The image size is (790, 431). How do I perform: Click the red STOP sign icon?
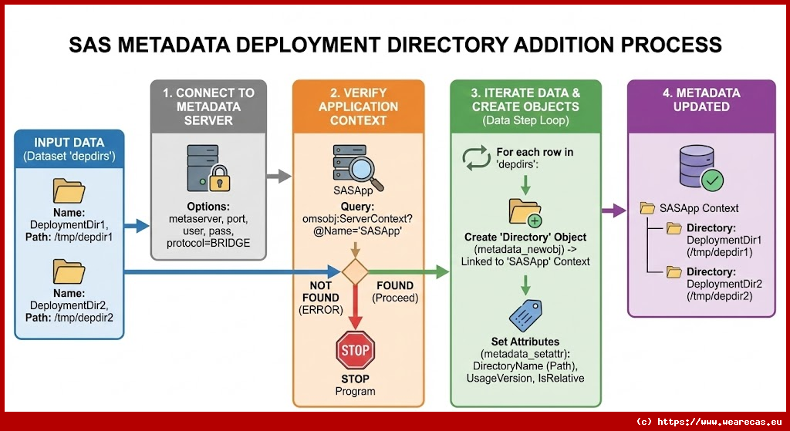click(x=355, y=350)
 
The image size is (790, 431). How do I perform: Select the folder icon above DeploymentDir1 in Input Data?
click(x=69, y=191)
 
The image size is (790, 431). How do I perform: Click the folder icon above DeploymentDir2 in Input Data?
click(x=69, y=271)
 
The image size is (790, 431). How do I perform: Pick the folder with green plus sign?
click(x=525, y=210)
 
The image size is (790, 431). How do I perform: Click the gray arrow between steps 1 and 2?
click(x=275, y=177)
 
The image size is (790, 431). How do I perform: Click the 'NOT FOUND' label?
click(x=319, y=291)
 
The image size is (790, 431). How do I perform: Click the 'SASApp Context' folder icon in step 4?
click(x=648, y=208)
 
